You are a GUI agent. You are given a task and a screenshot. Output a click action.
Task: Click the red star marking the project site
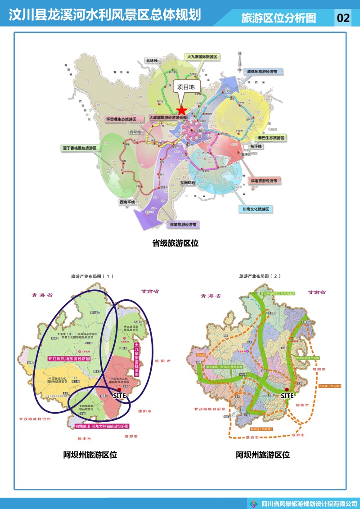181,110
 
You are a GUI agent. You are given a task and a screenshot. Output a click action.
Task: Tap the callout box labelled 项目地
185,87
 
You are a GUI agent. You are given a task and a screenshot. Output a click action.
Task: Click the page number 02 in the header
343,18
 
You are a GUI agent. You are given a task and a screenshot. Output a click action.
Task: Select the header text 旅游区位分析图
279,18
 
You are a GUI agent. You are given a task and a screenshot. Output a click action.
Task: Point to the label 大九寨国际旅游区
202,57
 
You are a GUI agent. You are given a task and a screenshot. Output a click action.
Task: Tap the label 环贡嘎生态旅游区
121,119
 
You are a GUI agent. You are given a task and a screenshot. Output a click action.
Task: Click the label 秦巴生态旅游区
271,138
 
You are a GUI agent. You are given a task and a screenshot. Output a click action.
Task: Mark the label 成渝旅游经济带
264,180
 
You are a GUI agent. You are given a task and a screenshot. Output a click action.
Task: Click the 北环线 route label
151,60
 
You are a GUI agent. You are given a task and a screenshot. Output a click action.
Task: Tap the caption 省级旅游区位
175,243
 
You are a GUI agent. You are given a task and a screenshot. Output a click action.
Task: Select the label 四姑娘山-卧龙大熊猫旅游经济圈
101,426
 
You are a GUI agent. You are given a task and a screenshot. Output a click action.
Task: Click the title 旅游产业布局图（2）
260,275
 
